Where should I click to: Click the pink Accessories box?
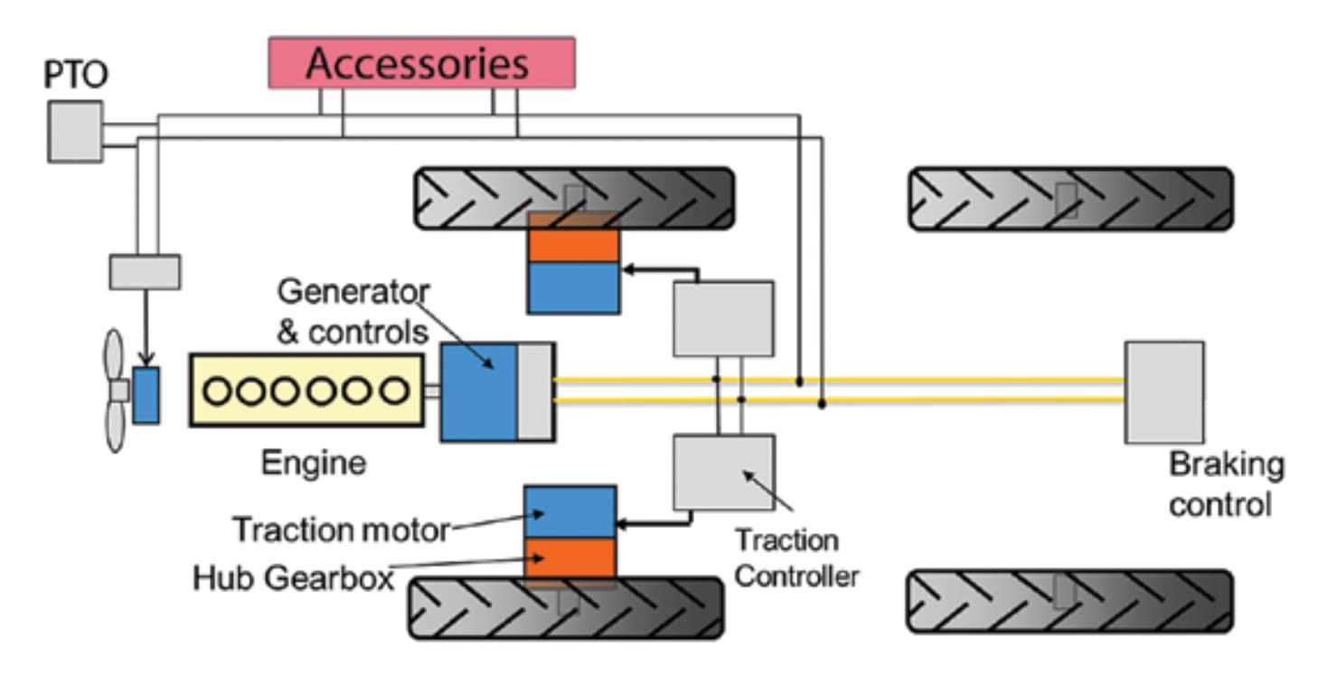[x=421, y=63]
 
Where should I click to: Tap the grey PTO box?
[x=75, y=132]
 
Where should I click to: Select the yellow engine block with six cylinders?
[x=306, y=390]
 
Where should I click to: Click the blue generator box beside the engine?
[x=478, y=391]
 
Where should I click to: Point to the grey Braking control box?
[x=1163, y=392]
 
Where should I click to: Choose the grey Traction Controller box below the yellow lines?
[x=723, y=472]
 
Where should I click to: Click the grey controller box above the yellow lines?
[x=723, y=318]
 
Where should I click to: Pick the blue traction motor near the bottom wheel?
[x=570, y=512]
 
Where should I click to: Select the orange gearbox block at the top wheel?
[x=573, y=244]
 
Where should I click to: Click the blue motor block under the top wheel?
[x=573, y=287]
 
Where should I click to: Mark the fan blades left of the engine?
[x=115, y=390]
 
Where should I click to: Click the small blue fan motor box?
[x=146, y=395]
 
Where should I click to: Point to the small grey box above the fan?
[x=145, y=272]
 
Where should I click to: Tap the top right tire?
[x=1070, y=199]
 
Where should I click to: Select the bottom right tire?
[x=1069, y=601]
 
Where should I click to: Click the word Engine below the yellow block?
[x=314, y=463]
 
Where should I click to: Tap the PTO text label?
[x=75, y=75]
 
